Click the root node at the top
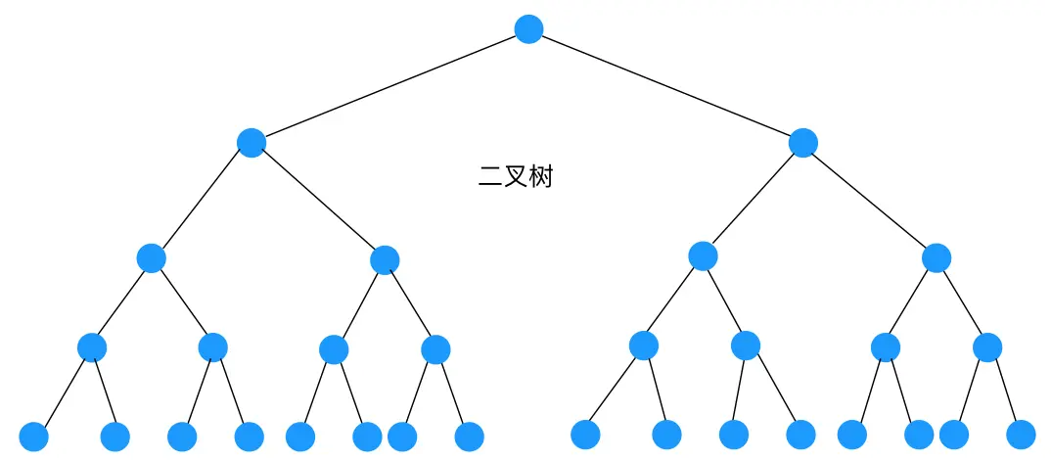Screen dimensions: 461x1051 click(528, 29)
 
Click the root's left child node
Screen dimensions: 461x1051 click(251, 143)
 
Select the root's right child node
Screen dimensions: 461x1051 click(802, 143)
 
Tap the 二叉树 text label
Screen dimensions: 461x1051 click(515, 177)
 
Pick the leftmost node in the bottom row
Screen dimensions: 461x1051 click(33, 437)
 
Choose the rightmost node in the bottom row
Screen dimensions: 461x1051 click(1021, 434)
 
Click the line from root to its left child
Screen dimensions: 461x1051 click(389, 86)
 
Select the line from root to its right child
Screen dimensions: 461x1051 click(665, 86)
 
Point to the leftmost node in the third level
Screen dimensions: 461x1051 click(151, 257)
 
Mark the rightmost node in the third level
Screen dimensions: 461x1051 click(937, 257)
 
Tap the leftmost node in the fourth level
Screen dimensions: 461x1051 click(92, 346)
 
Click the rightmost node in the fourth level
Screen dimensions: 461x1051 click(987, 346)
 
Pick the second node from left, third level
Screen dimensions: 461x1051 click(385, 259)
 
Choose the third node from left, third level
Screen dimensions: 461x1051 click(703, 255)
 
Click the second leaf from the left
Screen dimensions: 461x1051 click(114, 437)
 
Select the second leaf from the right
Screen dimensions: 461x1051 click(954, 434)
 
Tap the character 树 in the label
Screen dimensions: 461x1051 click(540, 177)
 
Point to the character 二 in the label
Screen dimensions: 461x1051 click(489, 177)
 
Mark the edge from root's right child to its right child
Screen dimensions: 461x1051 click(869, 200)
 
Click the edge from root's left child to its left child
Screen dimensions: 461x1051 click(202, 200)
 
